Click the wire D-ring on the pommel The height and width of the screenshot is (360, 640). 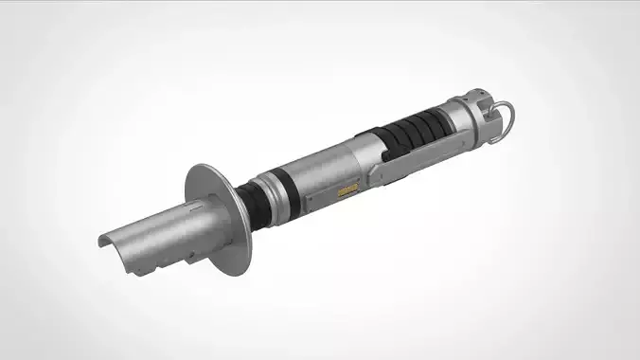point(509,118)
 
